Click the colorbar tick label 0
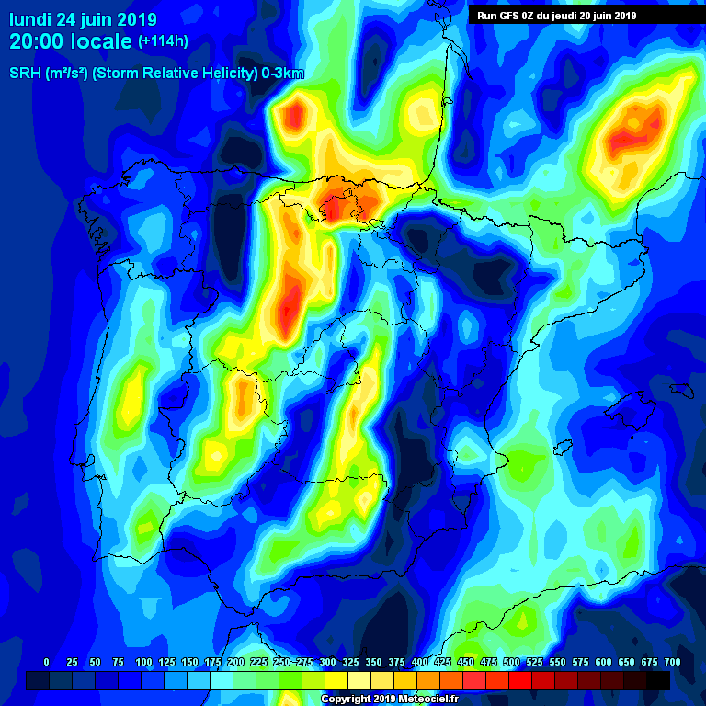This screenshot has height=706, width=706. (x=46, y=663)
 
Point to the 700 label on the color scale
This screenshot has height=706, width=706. (x=672, y=663)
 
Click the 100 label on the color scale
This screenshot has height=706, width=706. (x=143, y=663)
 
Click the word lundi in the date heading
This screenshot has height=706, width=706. (x=32, y=19)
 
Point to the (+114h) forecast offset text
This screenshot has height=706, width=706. (x=163, y=42)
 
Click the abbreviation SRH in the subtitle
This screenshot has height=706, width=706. (x=24, y=74)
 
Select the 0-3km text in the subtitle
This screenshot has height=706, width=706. (x=282, y=74)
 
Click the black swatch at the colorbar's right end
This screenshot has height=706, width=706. (x=658, y=680)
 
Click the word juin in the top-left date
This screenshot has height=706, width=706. (x=102, y=19)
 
